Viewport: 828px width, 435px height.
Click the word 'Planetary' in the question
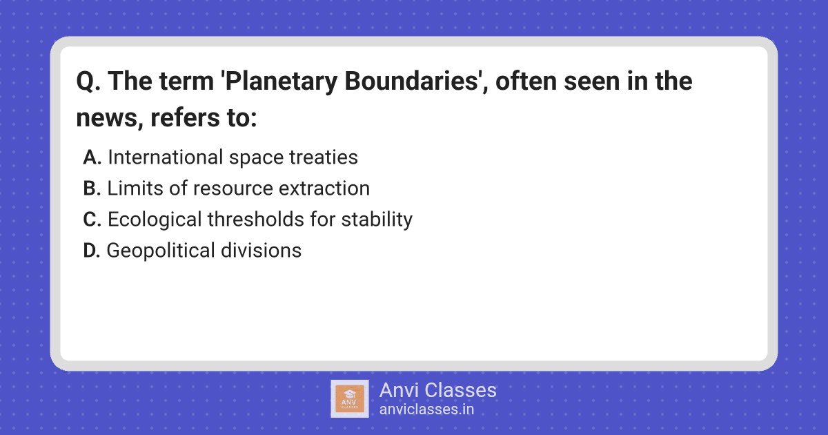click(x=282, y=81)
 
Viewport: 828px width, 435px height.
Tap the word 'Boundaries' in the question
click(x=411, y=81)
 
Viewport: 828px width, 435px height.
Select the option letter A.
click(x=92, y=157)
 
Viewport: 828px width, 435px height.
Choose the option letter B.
click(x=92, y=188)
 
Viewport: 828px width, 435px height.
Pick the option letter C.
click(x=92, y=220)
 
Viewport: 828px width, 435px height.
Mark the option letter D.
click(x=91, y=251)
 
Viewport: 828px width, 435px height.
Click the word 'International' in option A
click(x=165, y=157)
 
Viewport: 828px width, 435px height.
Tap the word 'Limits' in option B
click(x=135, y=188)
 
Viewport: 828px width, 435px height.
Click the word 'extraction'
click(x=324, y=188)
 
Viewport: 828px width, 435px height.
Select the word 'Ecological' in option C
click(x=155, y=220)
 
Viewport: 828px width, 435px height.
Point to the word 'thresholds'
click(x=256, y=220)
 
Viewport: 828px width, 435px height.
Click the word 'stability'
click(x=377, y=220)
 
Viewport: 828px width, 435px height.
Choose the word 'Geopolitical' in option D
click(x=161, y=251)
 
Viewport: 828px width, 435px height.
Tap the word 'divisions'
click(x=261, y=251)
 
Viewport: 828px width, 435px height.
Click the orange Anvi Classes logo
click(x=350, y=399)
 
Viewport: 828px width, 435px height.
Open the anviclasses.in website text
click(x=426, y=409)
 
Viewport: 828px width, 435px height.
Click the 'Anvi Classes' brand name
click(x=438, y=390)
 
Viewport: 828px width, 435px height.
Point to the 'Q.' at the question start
click(x=88, y=81)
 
